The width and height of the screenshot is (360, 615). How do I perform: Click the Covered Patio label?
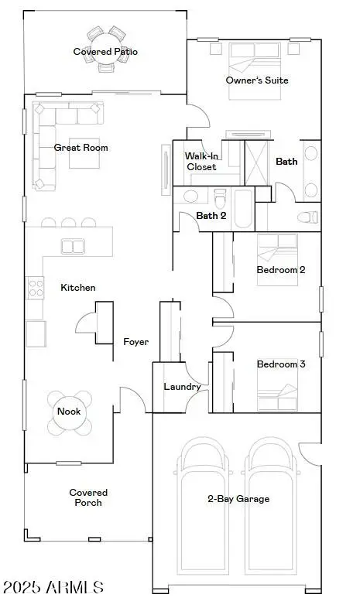pos(105,52)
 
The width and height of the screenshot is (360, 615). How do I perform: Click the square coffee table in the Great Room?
pos(85,152)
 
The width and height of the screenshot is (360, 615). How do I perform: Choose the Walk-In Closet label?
pos(201,161)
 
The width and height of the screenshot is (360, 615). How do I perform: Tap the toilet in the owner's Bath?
pos(307,217)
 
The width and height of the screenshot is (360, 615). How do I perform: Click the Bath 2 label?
pos(211,216)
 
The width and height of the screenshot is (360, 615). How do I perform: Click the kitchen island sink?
pos(74,247)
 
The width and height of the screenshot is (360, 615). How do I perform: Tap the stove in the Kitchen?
pos(36,289)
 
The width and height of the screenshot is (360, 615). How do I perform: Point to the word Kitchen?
pos(78,288)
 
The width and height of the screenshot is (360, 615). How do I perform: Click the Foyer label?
pos(135,341)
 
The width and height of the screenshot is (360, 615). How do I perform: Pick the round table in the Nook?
pos(69,412)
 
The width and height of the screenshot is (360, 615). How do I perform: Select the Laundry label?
pos(183,387)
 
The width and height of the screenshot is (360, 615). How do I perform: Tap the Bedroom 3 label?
pos(281,364)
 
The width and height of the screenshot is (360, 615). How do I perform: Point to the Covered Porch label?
pos(88,497)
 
